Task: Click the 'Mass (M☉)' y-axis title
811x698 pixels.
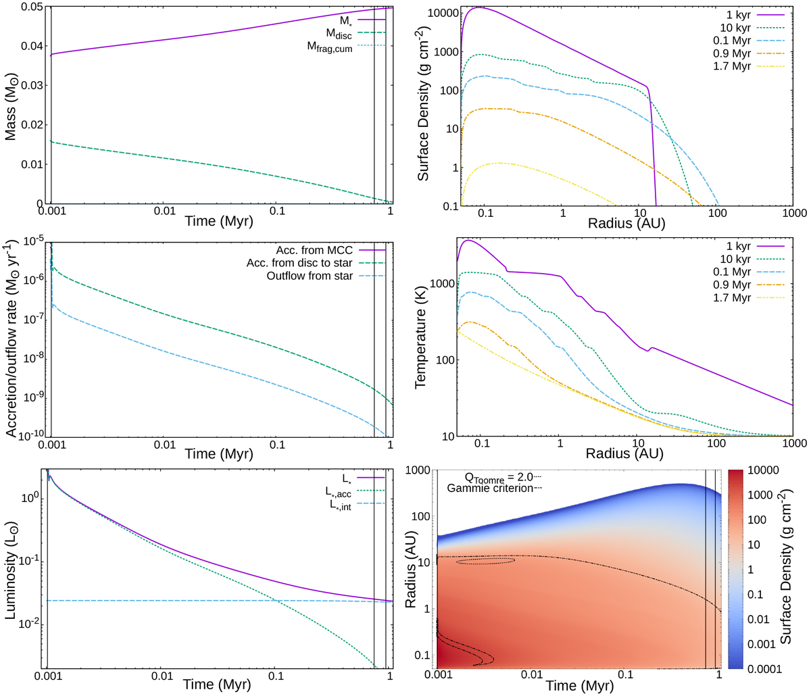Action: (x=11, y=105)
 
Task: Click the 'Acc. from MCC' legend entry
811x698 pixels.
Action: (x=314, y=251)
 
